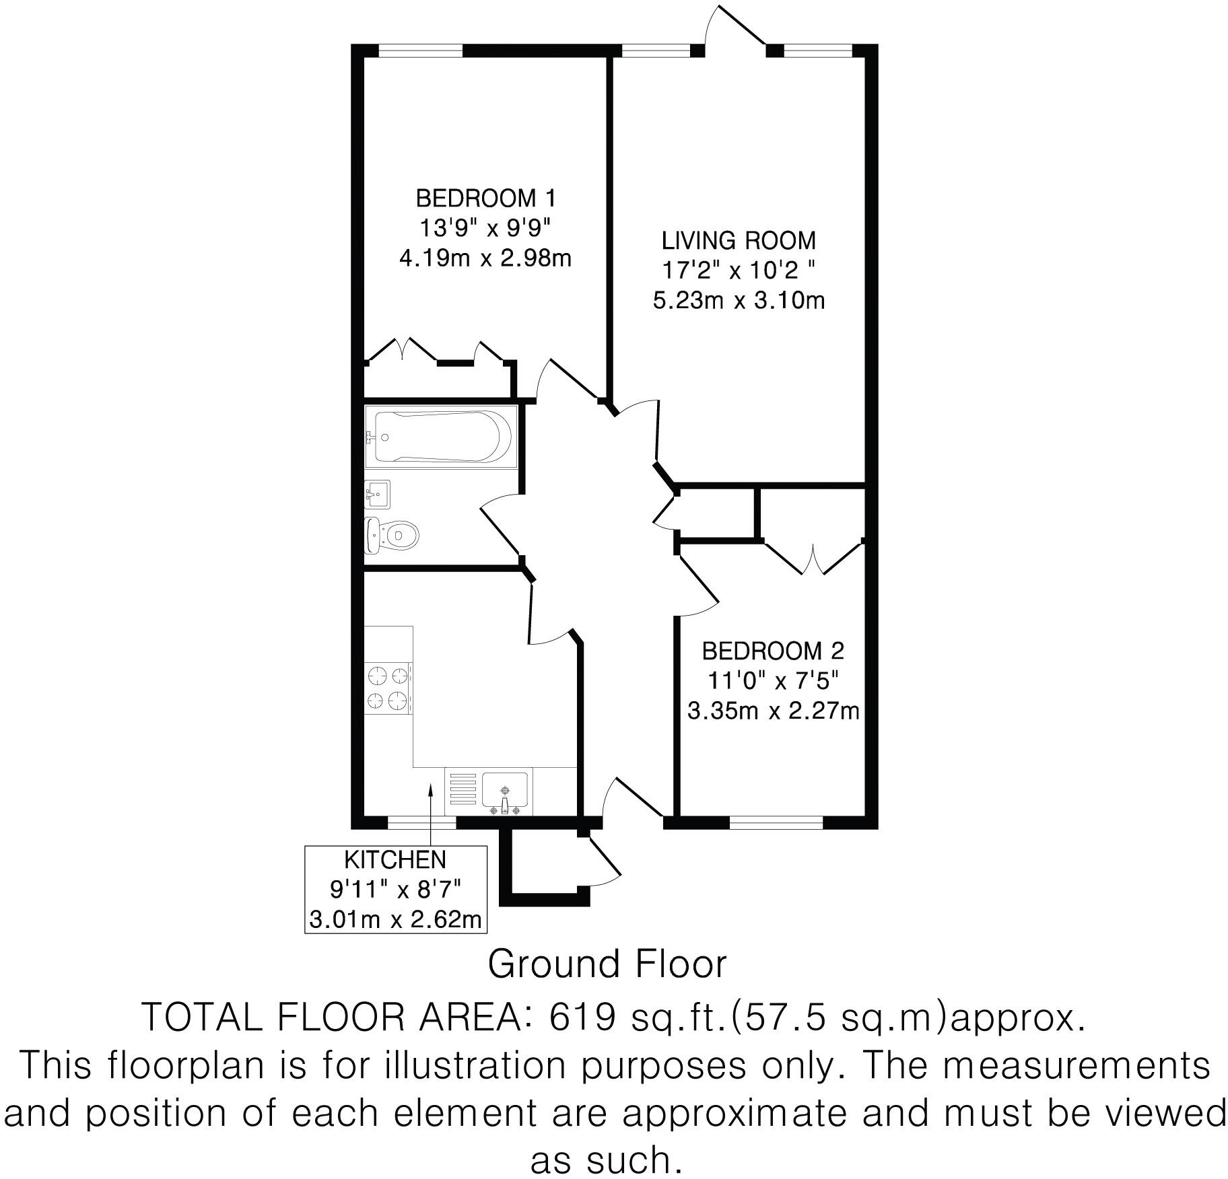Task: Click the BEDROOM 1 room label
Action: [486, 199]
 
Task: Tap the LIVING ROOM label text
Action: [739, 240]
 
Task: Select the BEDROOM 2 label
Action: [773, 651]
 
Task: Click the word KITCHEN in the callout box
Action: [395, 859]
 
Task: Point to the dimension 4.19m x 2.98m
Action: [485, 258]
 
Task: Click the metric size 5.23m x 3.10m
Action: [739, 300]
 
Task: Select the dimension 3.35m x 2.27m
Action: [773, 711]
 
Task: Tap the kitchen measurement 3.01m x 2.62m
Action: [395, 919]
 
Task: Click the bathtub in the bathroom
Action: [438, 437]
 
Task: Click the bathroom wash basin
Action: [377, 495]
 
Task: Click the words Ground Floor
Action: [607, 964]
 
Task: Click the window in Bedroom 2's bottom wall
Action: [776, 822]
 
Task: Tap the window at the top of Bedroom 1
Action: [420, 50]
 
